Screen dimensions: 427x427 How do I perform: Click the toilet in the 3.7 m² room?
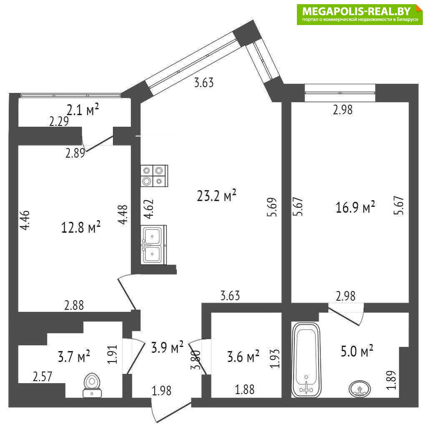[x=92, y=385]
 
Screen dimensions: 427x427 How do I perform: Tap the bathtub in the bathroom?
[x=306, y=360]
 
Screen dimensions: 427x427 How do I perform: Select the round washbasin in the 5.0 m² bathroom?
[x=360, y=389]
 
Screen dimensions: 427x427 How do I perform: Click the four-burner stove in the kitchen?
[x=154, y=176]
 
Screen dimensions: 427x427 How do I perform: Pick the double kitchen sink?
[x=153, y=244]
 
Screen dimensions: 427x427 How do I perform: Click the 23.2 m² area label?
[x=216, y=196]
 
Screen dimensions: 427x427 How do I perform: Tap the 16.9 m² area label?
[x=355, y=208]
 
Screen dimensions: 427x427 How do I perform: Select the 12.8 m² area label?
[x=81, y=227]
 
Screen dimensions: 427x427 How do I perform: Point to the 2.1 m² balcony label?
[x=83, y=110]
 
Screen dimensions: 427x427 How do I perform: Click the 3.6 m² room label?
[x=243, y=357]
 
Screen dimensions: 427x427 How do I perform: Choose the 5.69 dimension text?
[x=272, y=207]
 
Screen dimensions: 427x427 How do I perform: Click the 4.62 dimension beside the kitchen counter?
[x=149, y=209]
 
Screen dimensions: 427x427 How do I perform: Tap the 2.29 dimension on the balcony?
[x=59, y=121]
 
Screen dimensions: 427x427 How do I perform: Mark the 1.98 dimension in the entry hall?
[x=162, y=391]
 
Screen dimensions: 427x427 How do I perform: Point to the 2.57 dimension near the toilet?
[x=43, y=377]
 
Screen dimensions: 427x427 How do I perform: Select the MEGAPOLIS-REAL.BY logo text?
[x=356, y=11]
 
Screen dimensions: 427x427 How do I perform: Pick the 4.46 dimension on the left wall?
[x=25, y=220]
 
